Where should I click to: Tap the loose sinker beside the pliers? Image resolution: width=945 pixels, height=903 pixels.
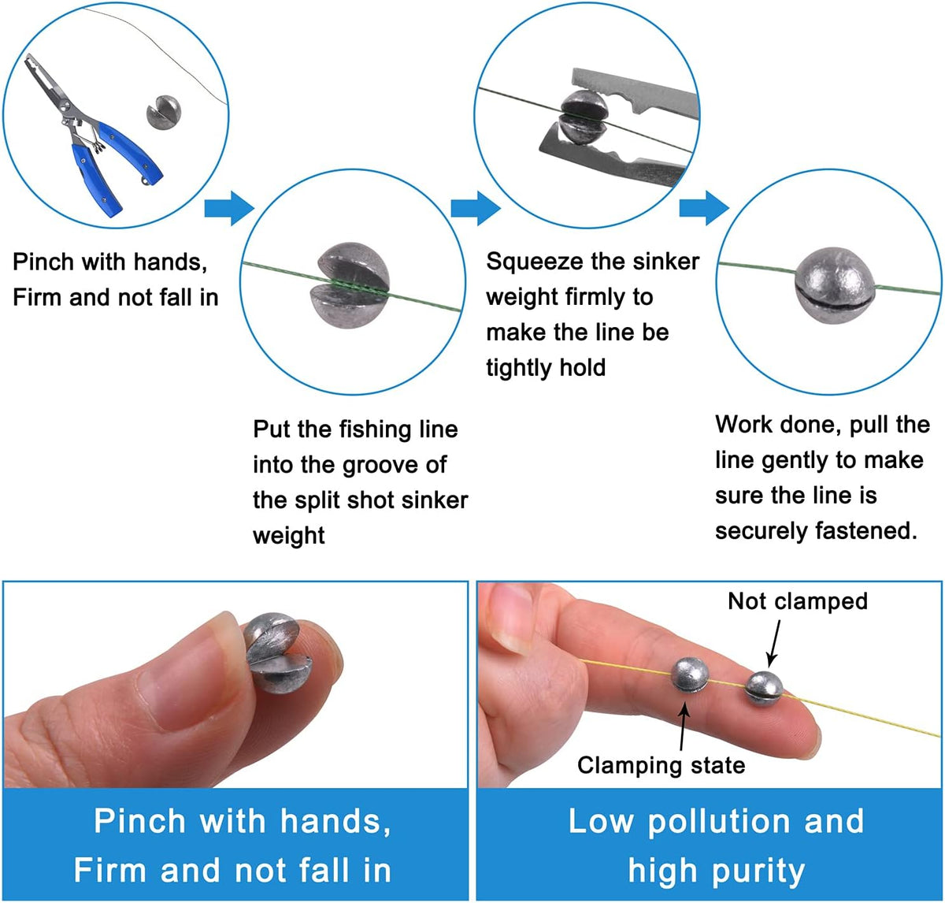click(x=164, y=112)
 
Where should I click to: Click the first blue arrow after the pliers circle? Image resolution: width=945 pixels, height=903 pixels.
click(x=229, y=208)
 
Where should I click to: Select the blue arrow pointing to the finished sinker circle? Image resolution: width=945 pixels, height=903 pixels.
click(x=704, y=208)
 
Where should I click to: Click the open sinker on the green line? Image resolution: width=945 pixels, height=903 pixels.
click(x=350, y=284)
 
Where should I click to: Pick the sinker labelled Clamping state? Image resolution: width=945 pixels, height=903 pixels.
click(x=690, y=675)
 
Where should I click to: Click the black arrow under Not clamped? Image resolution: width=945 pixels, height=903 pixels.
click(x=774, y=642)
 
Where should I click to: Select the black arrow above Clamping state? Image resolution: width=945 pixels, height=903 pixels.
click(x=684, y=726)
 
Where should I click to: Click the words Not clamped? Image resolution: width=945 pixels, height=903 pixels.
click(x=798, y=601)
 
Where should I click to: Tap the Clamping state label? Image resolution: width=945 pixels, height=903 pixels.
click(x=661, y=765)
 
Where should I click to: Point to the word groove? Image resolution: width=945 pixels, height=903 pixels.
click(x=380, y=466)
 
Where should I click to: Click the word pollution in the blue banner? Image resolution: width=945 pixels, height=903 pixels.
click(x=719, y=822)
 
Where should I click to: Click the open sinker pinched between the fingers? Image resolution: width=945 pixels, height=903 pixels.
click(x=276, y=652)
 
